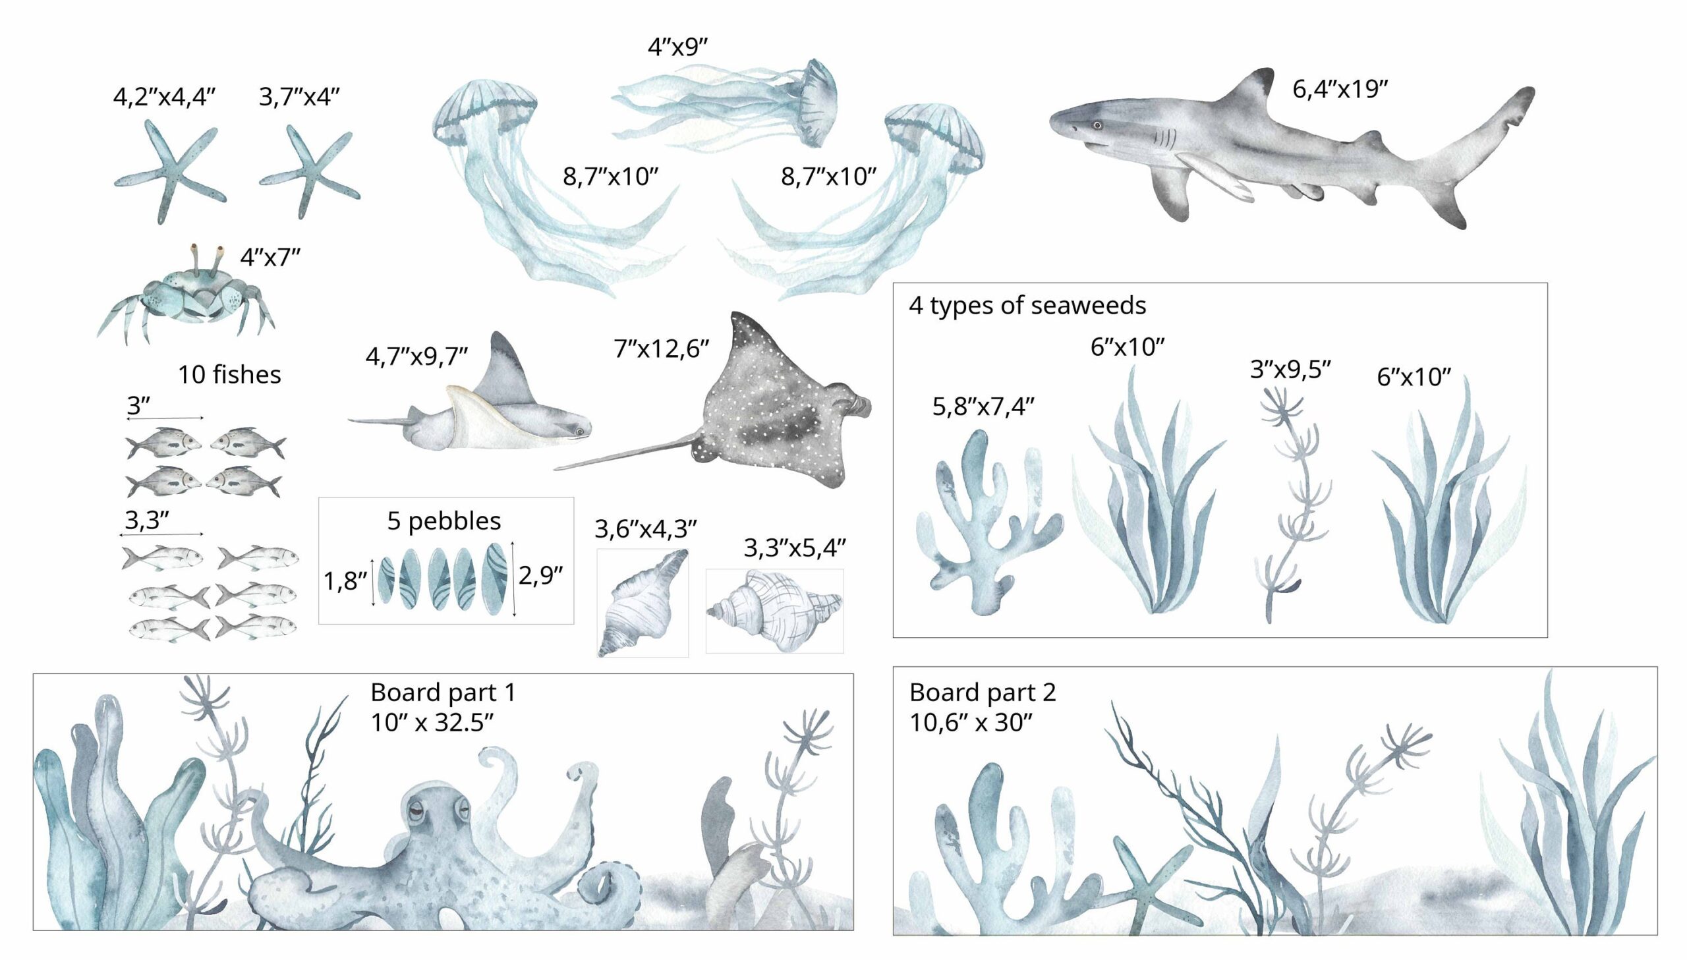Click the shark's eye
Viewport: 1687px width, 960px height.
point(1097,125)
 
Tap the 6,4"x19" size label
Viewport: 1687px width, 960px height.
point(1340,89)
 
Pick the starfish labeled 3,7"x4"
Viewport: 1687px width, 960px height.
point(309,171)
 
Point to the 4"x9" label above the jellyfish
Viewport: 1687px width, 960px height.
point(677,47)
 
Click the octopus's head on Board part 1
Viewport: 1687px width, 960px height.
point(435,814)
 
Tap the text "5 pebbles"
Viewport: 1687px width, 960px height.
point(443,521)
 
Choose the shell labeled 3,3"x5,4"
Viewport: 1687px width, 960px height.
point(774,611)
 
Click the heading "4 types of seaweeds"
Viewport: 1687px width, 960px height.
point(1027,305)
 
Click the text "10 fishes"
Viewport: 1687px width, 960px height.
point(229,374)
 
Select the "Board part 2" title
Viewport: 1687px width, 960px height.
point(983,692)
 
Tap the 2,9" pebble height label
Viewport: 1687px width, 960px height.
point(540,576)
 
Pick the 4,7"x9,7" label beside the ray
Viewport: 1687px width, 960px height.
point(416,356)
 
